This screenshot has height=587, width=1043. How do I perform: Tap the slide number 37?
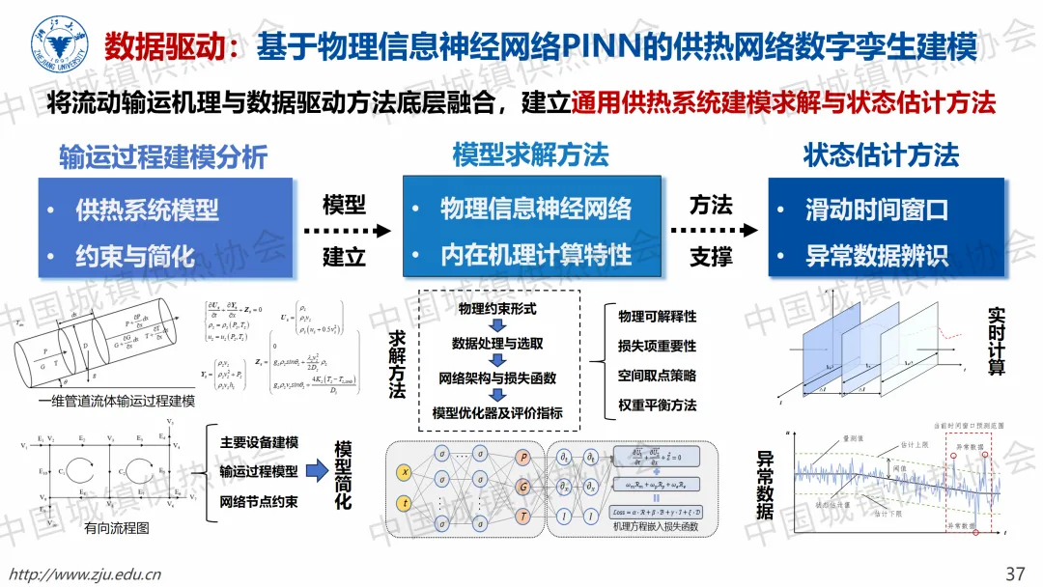[x=1015, y=573]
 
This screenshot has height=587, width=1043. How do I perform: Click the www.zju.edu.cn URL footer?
[x=84, y=573]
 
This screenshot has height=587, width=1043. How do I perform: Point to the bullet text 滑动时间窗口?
[x=877, y=210]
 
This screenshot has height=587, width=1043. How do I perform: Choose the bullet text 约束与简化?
[x=135, y=256]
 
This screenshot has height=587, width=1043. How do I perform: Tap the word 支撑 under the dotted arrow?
[x=711, y=257]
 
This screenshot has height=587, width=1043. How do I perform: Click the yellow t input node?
[x=406, y=502]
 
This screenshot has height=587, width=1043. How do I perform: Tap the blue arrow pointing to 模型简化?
[x=317, y=472]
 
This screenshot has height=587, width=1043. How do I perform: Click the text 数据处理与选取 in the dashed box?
[x=497, y=344]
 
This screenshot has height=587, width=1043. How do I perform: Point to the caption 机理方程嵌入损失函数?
[x=655, y=526]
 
